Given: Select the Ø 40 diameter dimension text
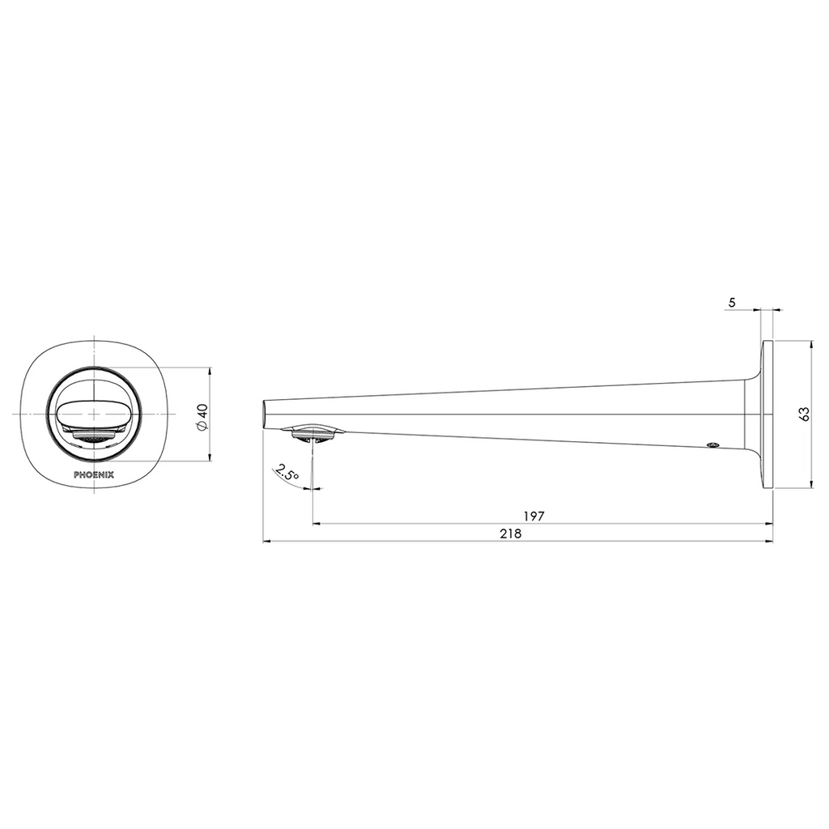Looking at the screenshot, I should [x=202, y=415].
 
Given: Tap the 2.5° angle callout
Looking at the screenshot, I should [x=287, y=473].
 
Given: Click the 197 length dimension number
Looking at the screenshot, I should [x=534, y=515].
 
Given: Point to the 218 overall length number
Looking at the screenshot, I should [x=510, y=534].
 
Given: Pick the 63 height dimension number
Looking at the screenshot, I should [x=803, y=414].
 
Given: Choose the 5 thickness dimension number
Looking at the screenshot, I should [x=732, y=302].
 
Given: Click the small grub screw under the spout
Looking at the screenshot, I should [x=712, y=444].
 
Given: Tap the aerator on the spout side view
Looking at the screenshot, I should [x=312, y=434].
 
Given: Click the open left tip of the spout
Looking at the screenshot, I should [x=266, y=414].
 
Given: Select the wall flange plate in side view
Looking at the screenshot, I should [x=767, y=414].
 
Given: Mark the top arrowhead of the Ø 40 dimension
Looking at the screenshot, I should [x=210, y=372].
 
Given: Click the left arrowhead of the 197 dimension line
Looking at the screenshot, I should [x=317, y=524].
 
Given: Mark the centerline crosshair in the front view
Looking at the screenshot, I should [x=96, y=414].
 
